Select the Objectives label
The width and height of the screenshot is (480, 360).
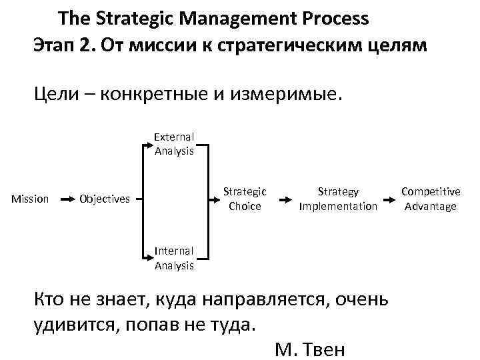pyautogui.click(x=105, y=199)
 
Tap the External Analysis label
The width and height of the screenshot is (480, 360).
pyautogui.click(x=174, y=144)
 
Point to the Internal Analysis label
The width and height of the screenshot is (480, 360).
pyautogui.click(x=174, y=258)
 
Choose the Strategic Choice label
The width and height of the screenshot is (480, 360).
pyautogui.click(x=245, y=199)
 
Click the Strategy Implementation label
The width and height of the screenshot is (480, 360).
pyautogui.click(x=338, y=199)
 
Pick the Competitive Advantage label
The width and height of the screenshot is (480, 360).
pyautogui.click(x=430, y=199)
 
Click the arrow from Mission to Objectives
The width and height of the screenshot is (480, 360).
pyautogui.click(x=67, y=199)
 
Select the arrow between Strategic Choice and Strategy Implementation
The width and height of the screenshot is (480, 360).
pyautogui.click(x=285, y=199)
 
